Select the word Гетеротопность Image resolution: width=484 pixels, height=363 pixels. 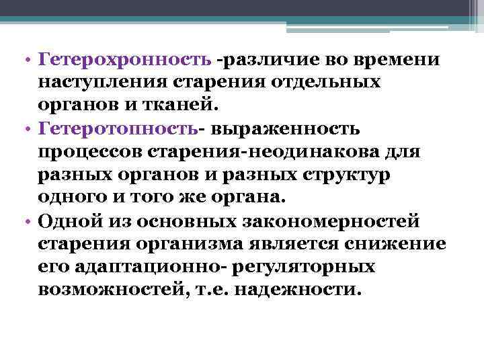coord(121,128)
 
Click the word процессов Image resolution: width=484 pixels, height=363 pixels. coord(94,151)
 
